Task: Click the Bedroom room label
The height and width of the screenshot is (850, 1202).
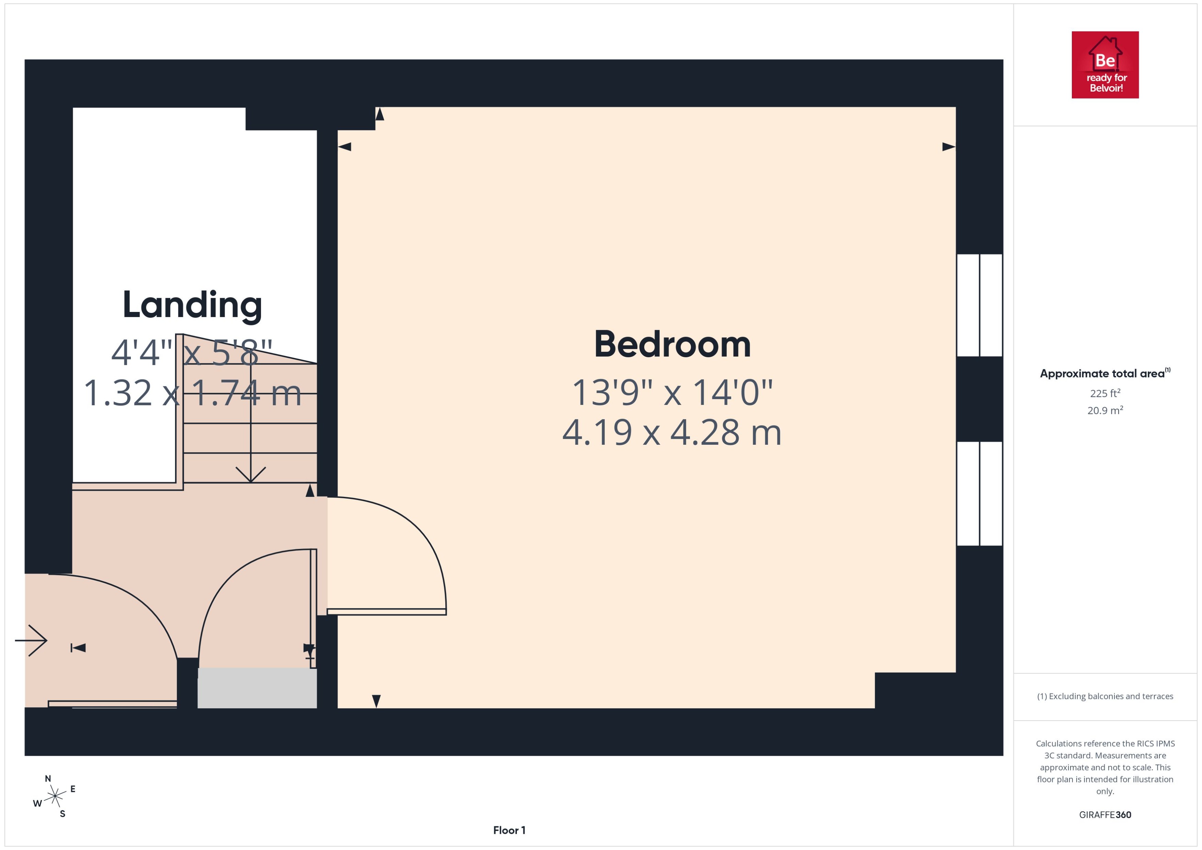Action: pyautogui.click(x=672, y=345)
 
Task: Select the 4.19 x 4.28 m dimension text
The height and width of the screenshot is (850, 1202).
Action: pyautogui.click(x=672, y=433)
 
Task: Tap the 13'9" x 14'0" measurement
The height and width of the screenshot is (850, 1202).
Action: pyautogui.click(x=672, y=393)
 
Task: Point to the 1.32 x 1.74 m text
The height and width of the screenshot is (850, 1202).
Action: pyautogui.click(x=192, y=393)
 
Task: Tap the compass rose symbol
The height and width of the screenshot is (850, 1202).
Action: pyautogui.click(x=55, y=796)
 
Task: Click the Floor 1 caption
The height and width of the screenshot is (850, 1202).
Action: pyautogui.click(x=509, y=830)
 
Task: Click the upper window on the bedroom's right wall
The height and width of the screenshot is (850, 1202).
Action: pyautogui.click(x=979, y=305)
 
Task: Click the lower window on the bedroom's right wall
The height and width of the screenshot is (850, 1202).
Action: pyautogui.click(x=979, y=493)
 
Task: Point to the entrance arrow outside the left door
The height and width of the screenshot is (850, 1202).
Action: pyautogui.click(x=32, y=640)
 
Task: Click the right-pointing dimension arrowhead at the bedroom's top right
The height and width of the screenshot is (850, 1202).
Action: pyautogui.click(x=948, y=147)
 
